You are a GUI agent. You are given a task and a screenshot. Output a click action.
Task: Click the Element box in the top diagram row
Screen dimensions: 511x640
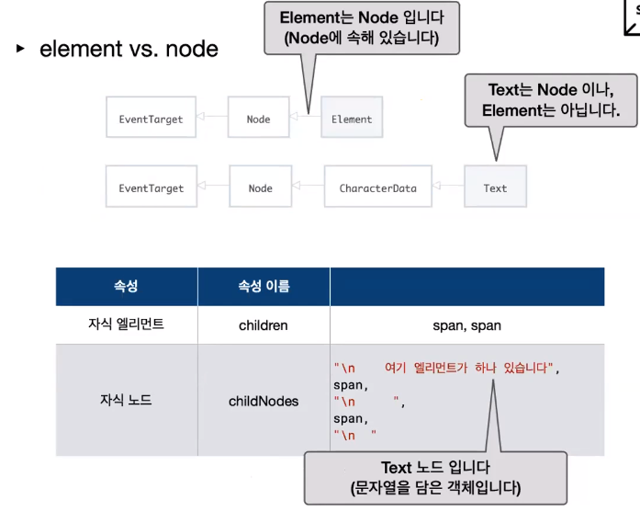[x=352, y=119]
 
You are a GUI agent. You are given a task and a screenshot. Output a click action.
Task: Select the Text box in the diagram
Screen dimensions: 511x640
[x=495, y=187]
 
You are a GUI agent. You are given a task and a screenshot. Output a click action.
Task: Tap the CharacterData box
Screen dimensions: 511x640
[x=377, y=187]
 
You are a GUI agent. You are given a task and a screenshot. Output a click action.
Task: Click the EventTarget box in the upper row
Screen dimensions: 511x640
[x=151, y=119]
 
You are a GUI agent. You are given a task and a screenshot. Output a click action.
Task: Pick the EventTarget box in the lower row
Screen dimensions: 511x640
[x=151, y=187]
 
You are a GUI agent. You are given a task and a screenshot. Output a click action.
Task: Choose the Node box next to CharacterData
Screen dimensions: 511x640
[x=260, y=187]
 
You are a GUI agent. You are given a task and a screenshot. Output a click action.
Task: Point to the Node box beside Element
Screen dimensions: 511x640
[x=258, y=119]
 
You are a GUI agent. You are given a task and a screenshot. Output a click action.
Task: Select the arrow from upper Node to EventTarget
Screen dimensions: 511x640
[x=212, y=118]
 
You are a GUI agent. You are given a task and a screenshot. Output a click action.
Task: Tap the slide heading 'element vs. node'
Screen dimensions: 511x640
[x=129, y=49]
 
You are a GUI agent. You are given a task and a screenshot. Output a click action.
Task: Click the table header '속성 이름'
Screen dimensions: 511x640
[x=264, y=287]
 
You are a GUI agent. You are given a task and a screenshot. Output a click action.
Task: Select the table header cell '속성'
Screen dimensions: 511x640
[x=126, y=287]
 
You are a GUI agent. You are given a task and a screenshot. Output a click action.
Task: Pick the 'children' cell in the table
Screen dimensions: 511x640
[x=264, y=325]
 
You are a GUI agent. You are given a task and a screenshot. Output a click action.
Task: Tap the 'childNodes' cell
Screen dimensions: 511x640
[x=264, y=401]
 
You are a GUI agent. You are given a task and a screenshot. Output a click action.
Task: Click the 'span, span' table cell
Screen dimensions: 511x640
[x=466, y=325]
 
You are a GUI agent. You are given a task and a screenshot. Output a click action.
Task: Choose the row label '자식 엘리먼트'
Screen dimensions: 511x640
[x=126, y=324]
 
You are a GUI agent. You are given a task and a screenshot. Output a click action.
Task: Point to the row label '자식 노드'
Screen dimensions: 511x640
[x=126, y=400]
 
